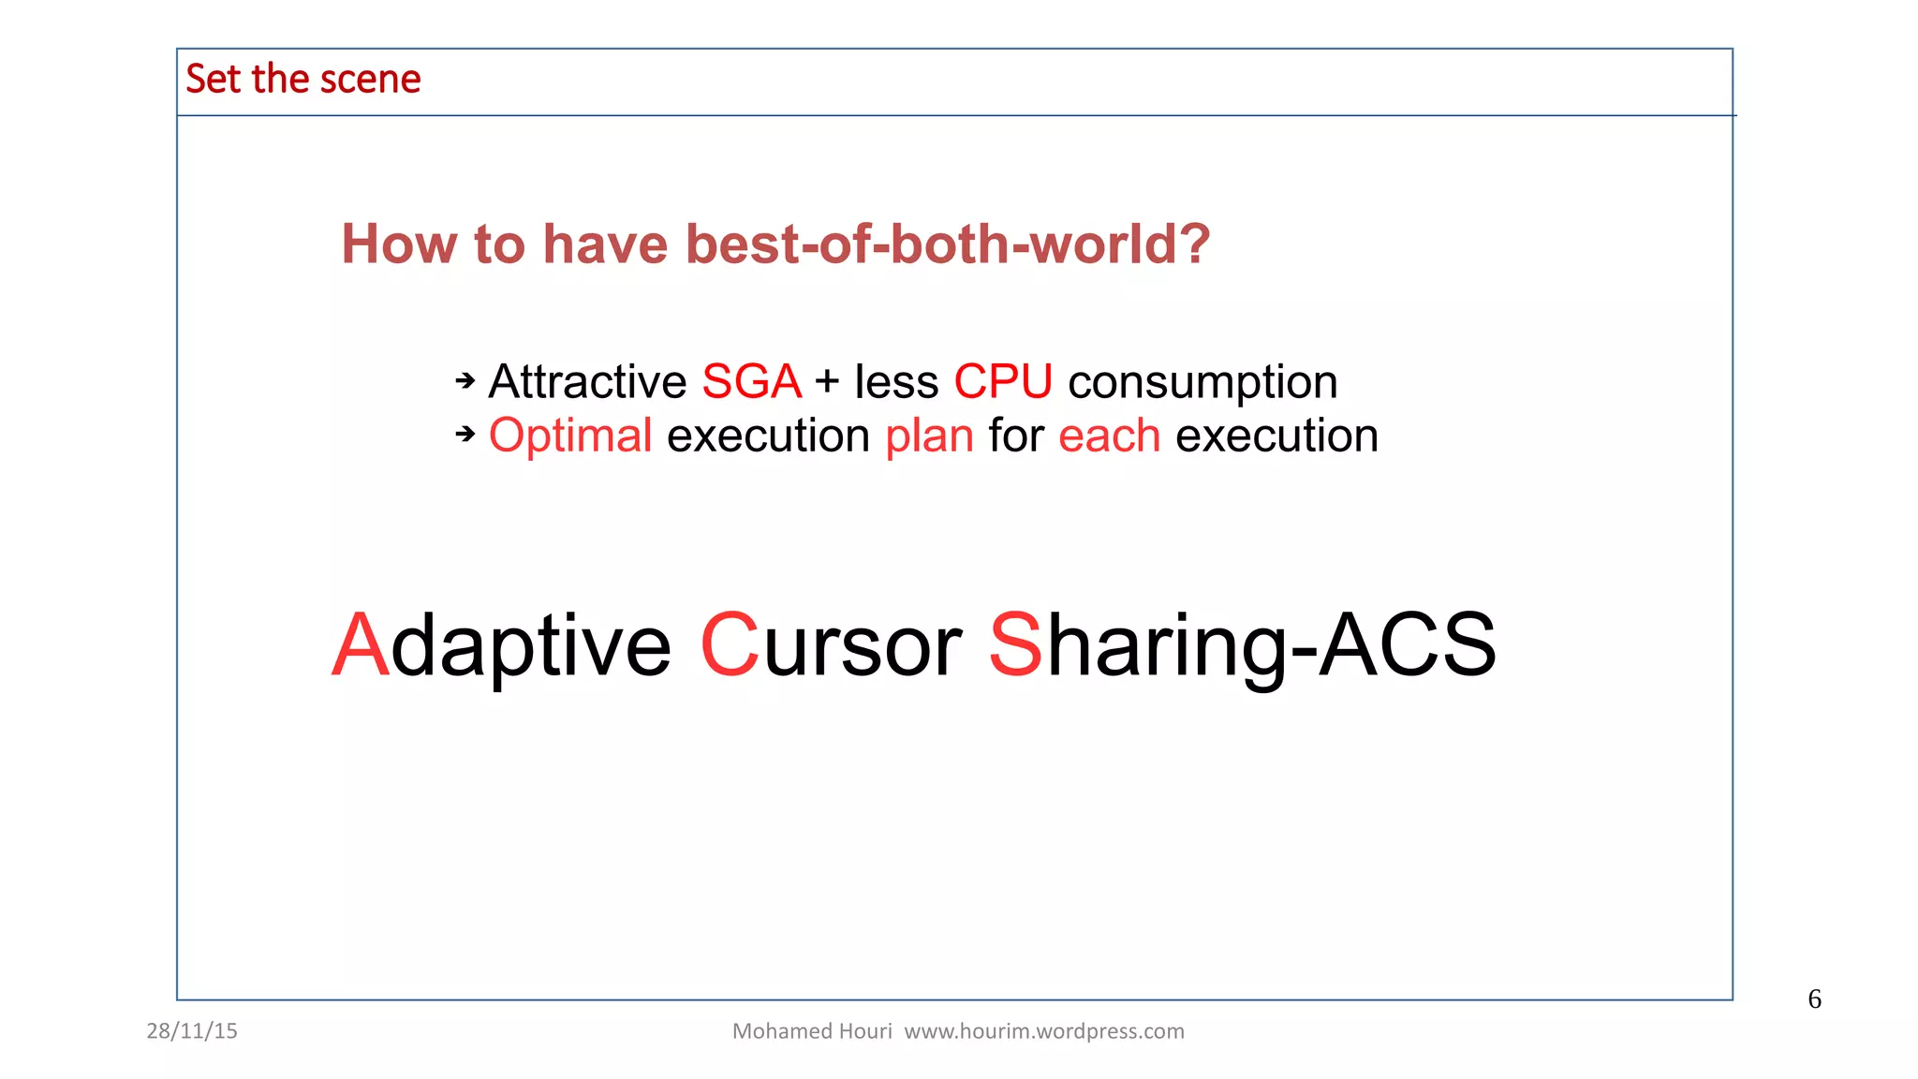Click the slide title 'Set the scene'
click(302, 80)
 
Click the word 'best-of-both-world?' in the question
click(948, 244)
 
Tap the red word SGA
click(751, 382)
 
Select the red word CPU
click(1003, 382)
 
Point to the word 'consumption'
click(1202, 382)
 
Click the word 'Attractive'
click(588, 382)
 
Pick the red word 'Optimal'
click(570, 436)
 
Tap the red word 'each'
click(1109, 436)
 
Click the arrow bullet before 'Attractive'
click(465, 380)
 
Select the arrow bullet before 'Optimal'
click(465, 434)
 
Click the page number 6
click(1814, 999)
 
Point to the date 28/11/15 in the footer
click(192, 1031)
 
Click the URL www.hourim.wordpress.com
click(1043, 1031)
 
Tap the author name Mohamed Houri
click(812, 1031)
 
